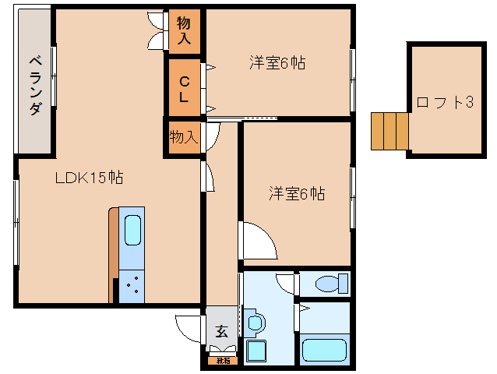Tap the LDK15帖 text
[88, 178]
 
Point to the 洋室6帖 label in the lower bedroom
[298, 193]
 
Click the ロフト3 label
[445, 102]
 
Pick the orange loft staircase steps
[389, 131]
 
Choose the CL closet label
[184, 88]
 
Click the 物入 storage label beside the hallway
[184, 138]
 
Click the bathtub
[324, 349]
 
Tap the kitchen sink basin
[132, 231]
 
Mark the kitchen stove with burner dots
[132, 286]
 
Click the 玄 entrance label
[221, 331]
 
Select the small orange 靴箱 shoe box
[223, 360]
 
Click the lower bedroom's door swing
[257, 240]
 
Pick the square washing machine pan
[255, 351]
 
